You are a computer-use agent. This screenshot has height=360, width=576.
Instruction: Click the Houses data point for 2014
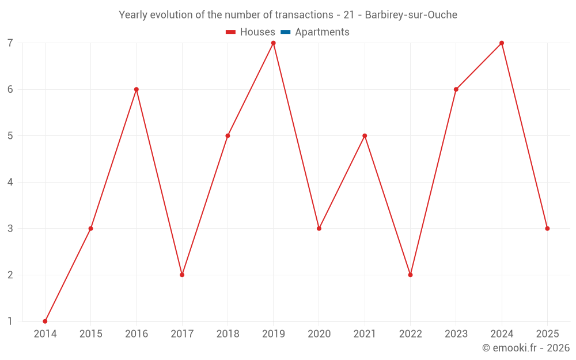point(45,321)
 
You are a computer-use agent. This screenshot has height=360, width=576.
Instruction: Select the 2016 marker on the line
point(137,89)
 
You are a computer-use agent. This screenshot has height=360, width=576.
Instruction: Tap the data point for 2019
point(274,43)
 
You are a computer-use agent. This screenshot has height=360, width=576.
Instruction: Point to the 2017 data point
point(182,275)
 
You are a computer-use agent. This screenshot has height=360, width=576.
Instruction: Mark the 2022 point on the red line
point(410,275)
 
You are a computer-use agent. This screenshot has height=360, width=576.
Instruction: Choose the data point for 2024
point(502,43)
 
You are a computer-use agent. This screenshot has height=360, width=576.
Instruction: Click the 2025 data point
point(547,229)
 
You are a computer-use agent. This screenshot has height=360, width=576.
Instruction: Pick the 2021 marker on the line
point(365,136)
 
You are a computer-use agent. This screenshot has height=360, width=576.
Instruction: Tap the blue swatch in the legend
point(285,32)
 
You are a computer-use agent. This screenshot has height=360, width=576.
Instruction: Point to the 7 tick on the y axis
point(10,43)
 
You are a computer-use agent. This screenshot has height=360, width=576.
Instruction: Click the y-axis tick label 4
point(10,182)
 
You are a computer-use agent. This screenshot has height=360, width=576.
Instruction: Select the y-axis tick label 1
point(10,321)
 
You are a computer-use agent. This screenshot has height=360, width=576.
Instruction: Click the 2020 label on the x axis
point(319,334)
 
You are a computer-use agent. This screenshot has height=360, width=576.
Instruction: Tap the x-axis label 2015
point(90,334)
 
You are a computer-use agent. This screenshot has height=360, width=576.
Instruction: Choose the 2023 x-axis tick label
point(456,334)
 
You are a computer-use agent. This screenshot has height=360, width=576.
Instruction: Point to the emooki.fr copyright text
point(526,348)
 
